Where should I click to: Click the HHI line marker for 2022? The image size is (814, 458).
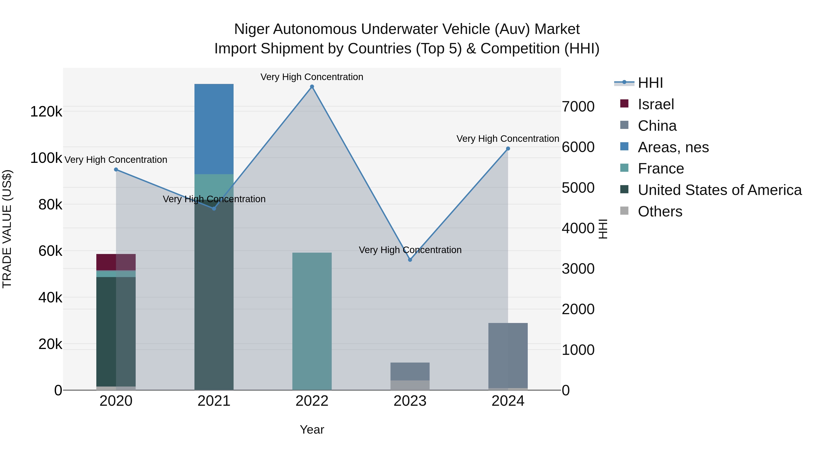312,87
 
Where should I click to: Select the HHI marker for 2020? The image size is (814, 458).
116,170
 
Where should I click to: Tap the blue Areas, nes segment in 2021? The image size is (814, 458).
214,129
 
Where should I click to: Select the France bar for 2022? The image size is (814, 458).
312,321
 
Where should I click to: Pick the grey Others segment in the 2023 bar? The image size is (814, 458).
410,385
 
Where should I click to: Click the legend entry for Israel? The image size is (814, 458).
656,104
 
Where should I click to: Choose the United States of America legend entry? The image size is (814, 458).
719,190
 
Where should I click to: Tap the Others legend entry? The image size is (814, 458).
660,211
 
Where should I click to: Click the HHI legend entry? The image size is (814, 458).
650,83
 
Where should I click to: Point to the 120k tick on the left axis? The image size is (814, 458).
46,112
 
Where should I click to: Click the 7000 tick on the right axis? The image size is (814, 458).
578,107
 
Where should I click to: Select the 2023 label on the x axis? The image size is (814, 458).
410,401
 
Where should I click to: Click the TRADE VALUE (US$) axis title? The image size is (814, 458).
7,229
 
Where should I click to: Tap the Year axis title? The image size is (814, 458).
312,430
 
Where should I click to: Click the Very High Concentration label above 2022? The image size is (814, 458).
312,77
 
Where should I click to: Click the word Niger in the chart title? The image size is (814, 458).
251,29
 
